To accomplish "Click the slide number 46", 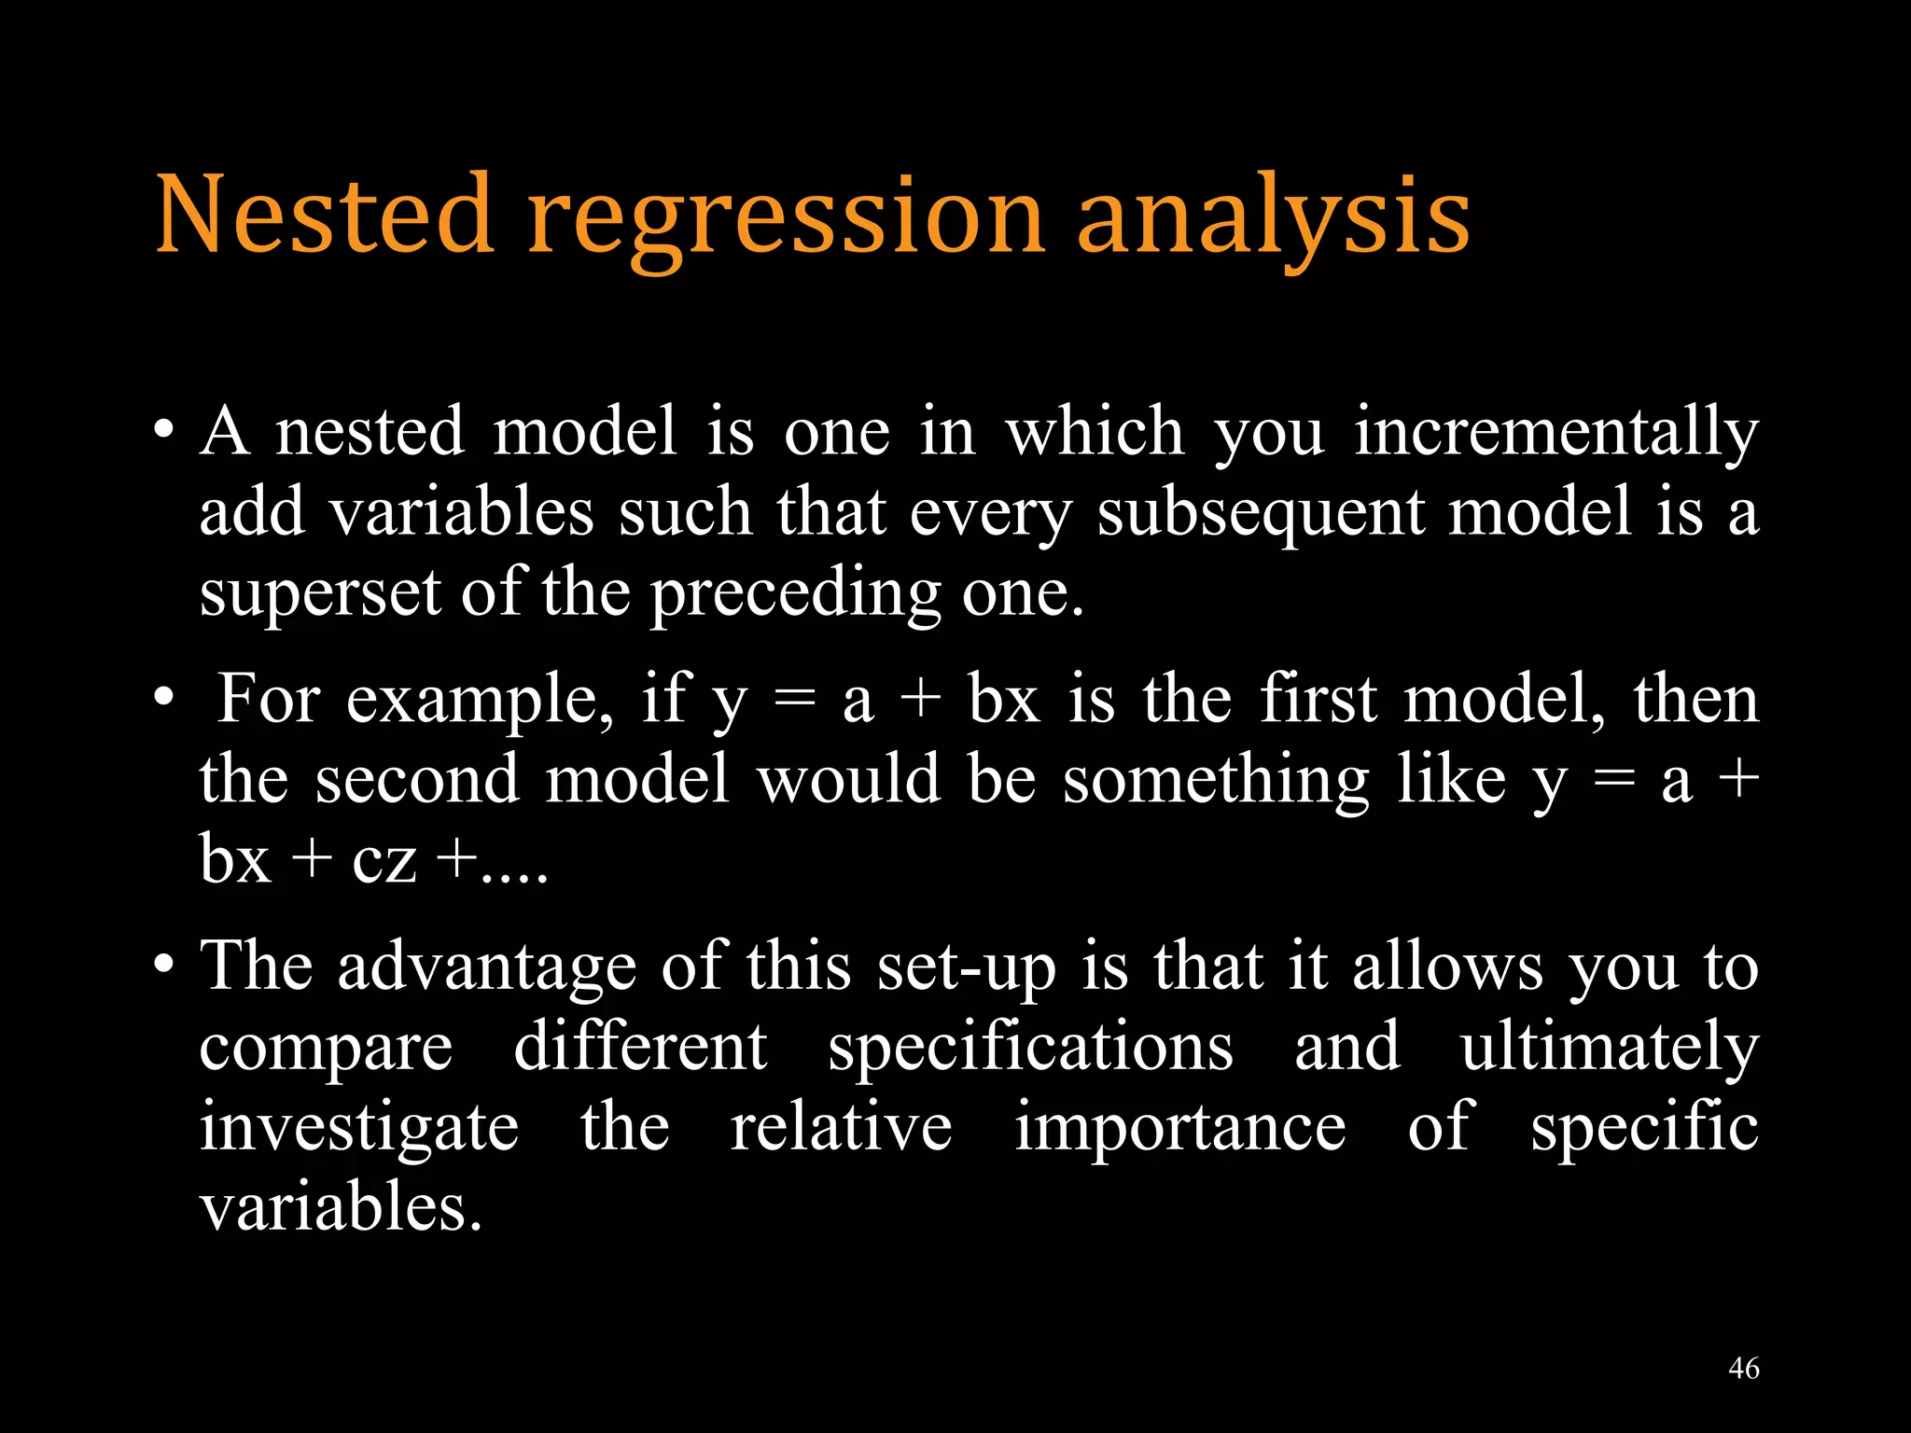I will [1743, 1369].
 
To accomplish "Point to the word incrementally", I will [1555, 433].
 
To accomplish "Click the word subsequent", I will [1261, 515].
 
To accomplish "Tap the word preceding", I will [795, 595].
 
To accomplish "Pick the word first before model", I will [1318, 700].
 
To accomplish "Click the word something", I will [1216, 782].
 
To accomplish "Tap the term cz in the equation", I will [384, 860].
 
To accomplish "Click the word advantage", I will [487, 968].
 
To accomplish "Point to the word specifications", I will [1030, 1049].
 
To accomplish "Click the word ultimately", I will [1610, 1049].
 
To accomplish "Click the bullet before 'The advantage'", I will [164, 964].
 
